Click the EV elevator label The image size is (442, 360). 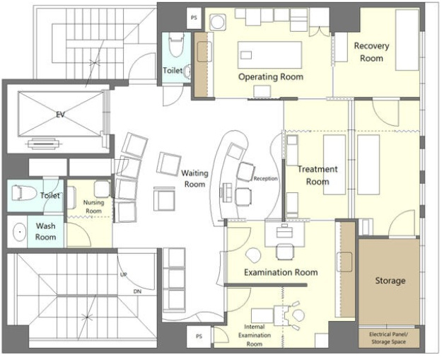[x=60, y=115]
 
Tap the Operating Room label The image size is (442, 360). [x=271, y=76]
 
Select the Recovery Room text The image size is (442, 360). [x=371, y=52]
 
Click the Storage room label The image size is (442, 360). [x=390, y=281]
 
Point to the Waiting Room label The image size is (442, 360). [x=194, y=178]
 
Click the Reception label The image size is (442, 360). [x=265, y=179]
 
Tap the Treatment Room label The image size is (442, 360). [x=318, y=175]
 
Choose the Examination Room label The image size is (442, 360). [x=281, y=272]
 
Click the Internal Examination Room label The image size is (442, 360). [x=255, y=335]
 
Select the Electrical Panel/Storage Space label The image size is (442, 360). [x=389, y=338]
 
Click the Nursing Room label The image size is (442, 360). [x=93, y=207]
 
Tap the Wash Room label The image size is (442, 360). [x=45, y=231]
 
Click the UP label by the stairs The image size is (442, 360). [x=124, y=274]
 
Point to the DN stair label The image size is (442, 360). [x=137, y=291]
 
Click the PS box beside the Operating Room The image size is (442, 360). [x=194, y=18]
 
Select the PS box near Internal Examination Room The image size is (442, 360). [x=199, y=337]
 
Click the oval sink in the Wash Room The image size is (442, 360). [x=20, y=232]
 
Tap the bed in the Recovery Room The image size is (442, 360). [x=407, y=40]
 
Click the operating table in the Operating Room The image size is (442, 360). [x=269, y=54]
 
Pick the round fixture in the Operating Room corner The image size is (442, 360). [x=218, y=22]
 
